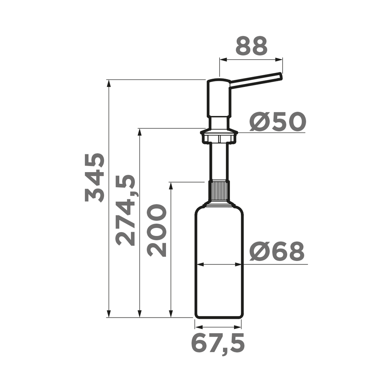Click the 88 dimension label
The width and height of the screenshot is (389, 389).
251,46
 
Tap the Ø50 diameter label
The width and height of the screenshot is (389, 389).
278,122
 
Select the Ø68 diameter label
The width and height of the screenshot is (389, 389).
277,252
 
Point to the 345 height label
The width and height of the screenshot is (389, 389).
95,177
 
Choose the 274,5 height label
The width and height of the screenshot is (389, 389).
126,210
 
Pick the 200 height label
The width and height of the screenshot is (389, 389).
157,230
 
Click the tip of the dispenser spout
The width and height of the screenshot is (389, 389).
281,76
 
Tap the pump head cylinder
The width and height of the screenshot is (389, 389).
218,98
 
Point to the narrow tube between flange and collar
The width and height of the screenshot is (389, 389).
219,161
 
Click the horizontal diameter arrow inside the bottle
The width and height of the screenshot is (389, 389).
219,264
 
